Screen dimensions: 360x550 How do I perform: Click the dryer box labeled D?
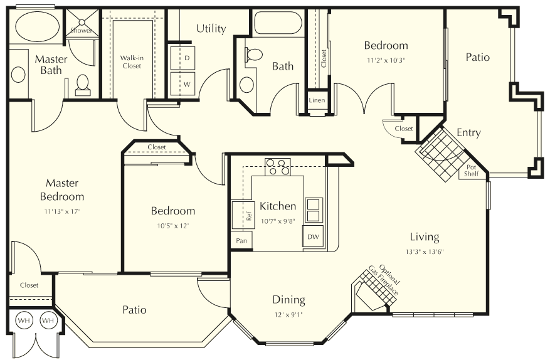pos(186,58)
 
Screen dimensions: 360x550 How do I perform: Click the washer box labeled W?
pos(186,83)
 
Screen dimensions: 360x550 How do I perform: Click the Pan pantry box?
pos(240,241)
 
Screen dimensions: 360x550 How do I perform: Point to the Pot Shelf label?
pos(471,171)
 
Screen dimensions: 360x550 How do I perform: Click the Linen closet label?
pos(317,100)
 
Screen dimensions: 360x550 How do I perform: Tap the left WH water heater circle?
pos(24,320)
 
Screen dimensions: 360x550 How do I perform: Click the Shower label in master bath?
pos(81,30)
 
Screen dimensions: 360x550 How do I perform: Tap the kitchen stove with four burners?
pos(278,166)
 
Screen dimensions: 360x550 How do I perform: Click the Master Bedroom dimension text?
pos(62,211)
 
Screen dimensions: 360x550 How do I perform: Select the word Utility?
pos(211,29)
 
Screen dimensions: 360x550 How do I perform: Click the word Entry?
pos(468,133)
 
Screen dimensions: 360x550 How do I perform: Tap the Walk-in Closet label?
pos(132,61)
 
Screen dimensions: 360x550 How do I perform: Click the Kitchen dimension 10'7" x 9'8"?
pos(278,220)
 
